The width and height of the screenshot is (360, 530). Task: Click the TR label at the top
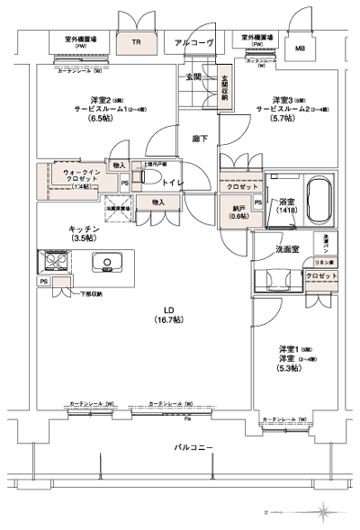click(136, 41)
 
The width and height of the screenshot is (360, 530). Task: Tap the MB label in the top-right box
click(299, 48)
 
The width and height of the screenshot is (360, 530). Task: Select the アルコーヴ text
click(192, 42)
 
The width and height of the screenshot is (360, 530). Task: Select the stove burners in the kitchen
click(50, 263)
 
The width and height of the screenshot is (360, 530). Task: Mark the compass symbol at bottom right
click(322, 511)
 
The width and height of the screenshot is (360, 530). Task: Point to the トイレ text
click(174, 183)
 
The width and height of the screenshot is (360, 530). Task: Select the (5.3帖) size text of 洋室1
click(288, 366)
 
